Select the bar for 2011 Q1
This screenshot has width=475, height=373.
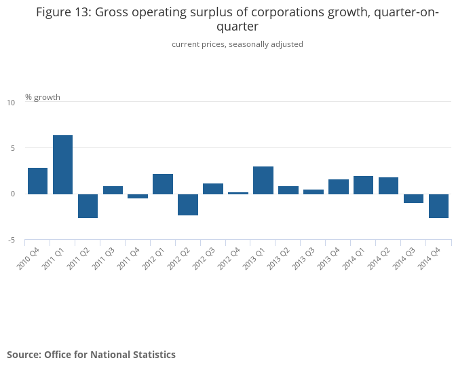[62, 164]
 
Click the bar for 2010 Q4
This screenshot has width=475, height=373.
[37, 181]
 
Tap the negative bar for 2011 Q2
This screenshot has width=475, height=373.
[88, 206]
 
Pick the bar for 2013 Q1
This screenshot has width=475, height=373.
[263, 180]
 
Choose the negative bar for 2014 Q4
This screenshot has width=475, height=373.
[438, 206]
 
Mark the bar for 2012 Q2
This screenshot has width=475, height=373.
[188, 205]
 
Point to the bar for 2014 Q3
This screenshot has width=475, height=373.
[413, 198]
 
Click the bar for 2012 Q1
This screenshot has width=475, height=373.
[163, 183]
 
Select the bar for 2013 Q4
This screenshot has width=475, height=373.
[338, 187]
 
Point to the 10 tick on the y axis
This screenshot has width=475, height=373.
[11, 103]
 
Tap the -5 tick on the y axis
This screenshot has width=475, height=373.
[11, 240]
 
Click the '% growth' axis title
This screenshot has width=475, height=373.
[43, 97]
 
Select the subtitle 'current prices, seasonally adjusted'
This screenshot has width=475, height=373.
[237, 44]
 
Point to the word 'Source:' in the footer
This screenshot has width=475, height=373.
[23, 355]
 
